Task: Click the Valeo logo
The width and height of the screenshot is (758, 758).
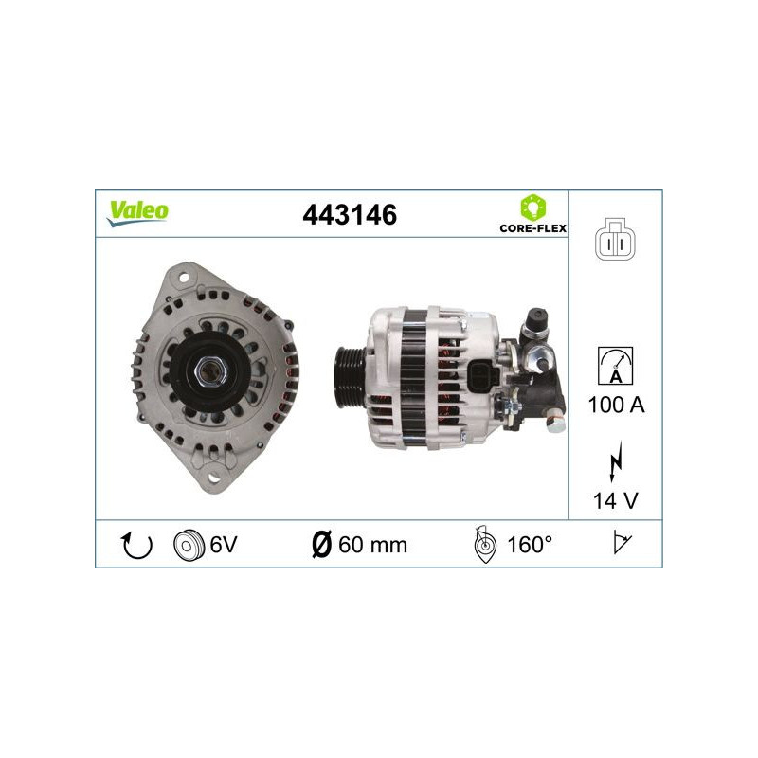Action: tap(137, 212)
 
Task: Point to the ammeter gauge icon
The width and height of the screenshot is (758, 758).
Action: tap(616, 366)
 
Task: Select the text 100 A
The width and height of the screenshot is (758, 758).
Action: tap(616, 405)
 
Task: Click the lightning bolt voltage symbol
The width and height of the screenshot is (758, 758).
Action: tap(616, 465)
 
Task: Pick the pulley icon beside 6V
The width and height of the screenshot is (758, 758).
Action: tap(189, 545)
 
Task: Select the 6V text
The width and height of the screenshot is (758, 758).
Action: tap(223, 545)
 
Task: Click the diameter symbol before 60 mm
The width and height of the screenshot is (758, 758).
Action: tap(321, 545)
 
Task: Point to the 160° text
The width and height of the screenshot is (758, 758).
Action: tap(530, 545)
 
